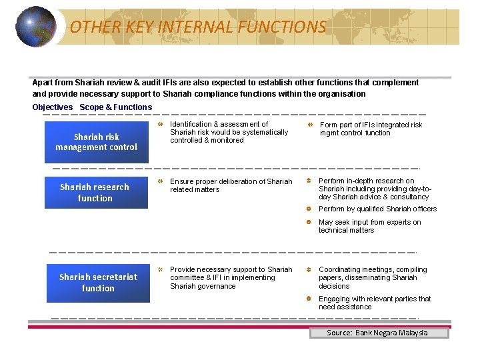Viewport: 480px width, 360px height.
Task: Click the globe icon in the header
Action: (35, 27)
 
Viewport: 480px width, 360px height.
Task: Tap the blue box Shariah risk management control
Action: (97, 142)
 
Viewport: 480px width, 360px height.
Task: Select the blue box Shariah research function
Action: (95, 193)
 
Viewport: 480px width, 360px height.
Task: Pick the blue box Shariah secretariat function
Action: (98, 283)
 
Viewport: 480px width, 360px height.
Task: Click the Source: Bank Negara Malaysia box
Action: (379, 333)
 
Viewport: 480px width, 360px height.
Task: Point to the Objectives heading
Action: (52, 107)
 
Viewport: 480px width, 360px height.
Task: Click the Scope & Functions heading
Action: (116, 107)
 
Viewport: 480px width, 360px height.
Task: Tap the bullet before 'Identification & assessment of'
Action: (160, 125)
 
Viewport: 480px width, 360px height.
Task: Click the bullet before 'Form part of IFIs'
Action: (310, 125)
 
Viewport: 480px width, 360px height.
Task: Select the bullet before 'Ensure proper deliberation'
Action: (160, 181)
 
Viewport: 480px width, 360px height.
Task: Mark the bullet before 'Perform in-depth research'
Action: (309, 181)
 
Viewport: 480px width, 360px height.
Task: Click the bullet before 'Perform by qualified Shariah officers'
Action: (309, 209)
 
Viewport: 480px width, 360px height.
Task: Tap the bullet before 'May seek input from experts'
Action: (309, 222)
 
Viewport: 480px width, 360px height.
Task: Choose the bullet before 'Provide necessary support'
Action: (160, 269)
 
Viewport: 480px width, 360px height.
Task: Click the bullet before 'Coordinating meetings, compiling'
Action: (309, 269)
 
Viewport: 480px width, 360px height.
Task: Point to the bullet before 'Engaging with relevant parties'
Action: (309, 299)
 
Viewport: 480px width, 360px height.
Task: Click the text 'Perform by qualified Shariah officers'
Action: (377, 209)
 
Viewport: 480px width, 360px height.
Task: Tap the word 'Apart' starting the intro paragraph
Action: (43, 83)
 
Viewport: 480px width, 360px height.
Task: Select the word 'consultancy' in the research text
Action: (409, 197)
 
